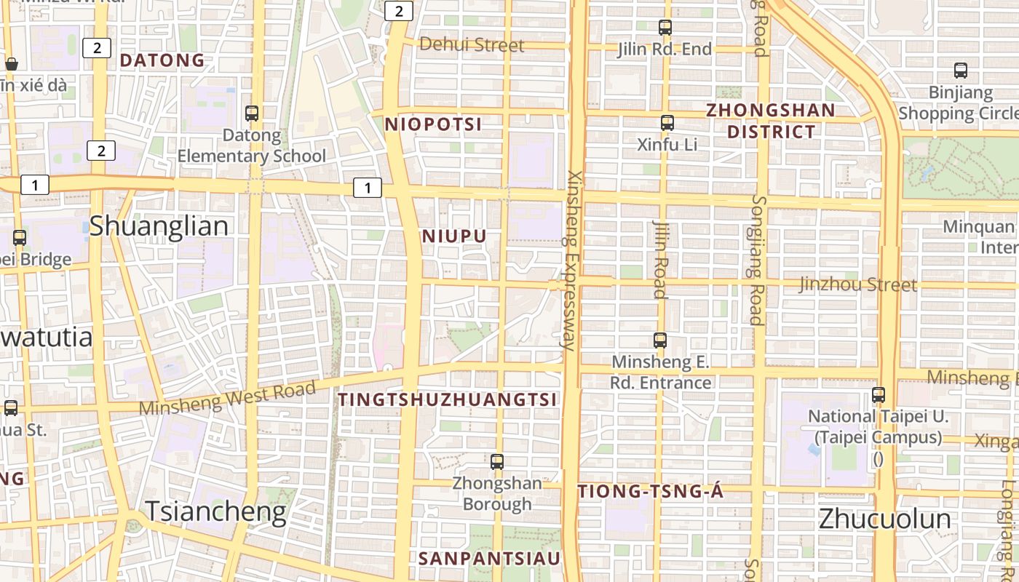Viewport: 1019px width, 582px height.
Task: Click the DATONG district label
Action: point(162,60)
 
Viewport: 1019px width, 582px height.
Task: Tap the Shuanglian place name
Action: point(159,226)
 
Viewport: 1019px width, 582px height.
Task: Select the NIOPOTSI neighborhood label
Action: point(433,124)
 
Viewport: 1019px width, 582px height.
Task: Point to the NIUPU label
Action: point(453,236)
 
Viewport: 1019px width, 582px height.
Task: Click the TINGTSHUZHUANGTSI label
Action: point(448,399)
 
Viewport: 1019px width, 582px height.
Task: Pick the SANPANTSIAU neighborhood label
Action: point(490,558)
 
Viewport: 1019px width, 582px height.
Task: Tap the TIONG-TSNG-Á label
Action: point(651,492)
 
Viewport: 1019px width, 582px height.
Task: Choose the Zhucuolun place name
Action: point(884,519)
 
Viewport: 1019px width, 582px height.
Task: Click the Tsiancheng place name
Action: point(215,511)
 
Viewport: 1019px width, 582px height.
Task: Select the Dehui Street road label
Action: point(472,45)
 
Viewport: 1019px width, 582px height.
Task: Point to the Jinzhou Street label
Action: point(857,284)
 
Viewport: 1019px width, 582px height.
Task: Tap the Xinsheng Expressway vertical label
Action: point(574,260)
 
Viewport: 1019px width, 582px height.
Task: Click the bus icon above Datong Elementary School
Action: point(252,113)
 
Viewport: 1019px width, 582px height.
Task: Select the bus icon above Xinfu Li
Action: point(667,123)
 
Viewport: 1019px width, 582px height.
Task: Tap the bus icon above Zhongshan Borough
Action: point(497,461)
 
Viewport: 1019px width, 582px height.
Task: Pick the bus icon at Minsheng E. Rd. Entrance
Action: point(660,340)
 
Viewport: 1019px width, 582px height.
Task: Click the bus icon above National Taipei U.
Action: point(879,395)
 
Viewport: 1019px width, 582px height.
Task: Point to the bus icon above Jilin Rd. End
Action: point(665,28)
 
